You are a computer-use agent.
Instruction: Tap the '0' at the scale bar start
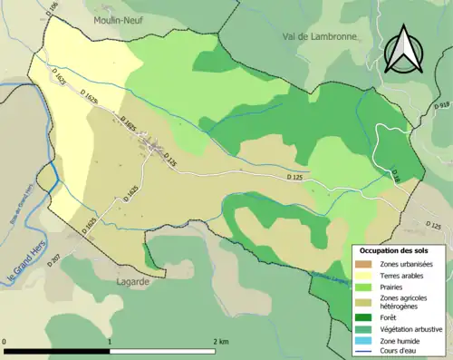pos(6,340)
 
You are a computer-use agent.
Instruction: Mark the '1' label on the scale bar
pos(111,340)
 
